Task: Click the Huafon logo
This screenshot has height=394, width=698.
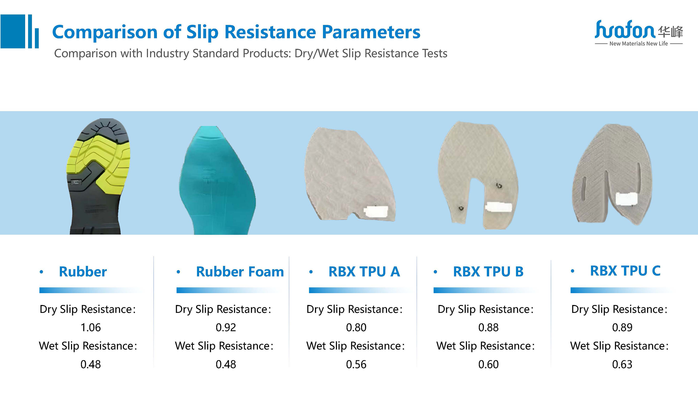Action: pyautogui.click(x=639, y=33)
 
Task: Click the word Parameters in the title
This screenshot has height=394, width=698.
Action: pyautogui.click(x=371, y=32)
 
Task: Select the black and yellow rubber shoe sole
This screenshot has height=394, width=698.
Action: pyautogui.click(x=98, y=176)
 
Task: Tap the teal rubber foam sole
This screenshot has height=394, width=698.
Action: pyautogui.click(x=217, y=180)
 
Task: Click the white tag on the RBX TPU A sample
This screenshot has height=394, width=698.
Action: pyautogui.click(x=376, y=211)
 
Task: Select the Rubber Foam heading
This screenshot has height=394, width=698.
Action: pyautogui.click(x=240, y=271)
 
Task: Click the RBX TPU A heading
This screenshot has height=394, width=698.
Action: pyautogui.click(x=364, y=271)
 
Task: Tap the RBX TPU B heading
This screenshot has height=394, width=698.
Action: pyautogui.click(x=488, y=271)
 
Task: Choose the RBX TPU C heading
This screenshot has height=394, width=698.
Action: pyautogui.click(x=625, y=271)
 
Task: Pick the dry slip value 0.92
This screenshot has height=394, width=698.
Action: pyautogui.click(x=226, y=327)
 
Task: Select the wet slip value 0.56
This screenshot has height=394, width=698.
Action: pyautogui.click(x=356, y=364)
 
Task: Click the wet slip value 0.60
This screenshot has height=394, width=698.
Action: pyautogui.click(x=488, y=364)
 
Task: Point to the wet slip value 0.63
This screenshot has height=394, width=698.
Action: pyautogui.click(x=622, y=364)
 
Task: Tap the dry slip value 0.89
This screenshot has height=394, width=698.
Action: pyautogui.click(x=622, y=327)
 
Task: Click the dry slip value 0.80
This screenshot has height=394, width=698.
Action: pyautogui.click(x=356, y=327)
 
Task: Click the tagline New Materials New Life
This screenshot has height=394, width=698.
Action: pyautogui.click(x=639, y=44)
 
